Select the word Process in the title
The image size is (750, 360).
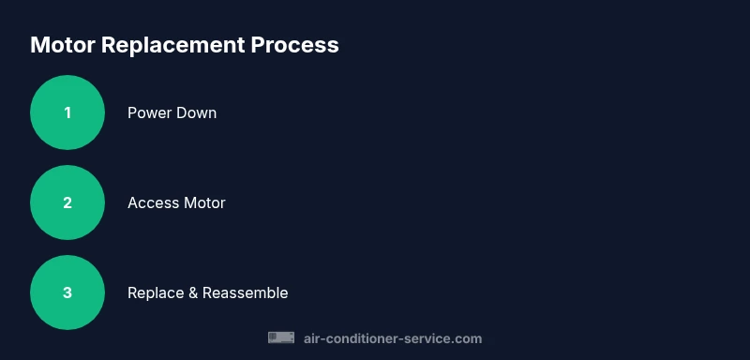(x=294, y=45)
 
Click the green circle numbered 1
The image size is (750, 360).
(x=67, y=112)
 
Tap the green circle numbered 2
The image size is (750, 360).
(x=67, y=202)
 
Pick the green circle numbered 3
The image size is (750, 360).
(x=67, y=292)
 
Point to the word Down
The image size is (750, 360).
(x=197, y=112)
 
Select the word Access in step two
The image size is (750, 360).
(x=152, y=202)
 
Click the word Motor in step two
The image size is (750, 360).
(x=203, y=202)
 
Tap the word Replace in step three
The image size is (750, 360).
(x=155, y=292)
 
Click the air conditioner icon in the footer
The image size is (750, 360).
(x=281, y=337)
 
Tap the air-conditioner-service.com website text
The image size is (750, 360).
(x=393, y=338)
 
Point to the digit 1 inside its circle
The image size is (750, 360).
(x=67, y=112)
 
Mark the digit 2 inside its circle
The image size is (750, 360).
(x=67, y=202)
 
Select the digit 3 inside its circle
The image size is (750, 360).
(x=67, y=292)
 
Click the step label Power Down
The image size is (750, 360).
(x=172, y=112)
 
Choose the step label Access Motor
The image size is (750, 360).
(x=176, y=202)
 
